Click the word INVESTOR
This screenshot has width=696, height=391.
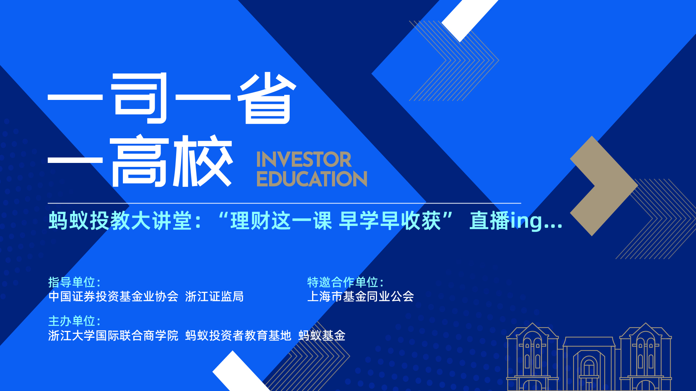click(304, 160)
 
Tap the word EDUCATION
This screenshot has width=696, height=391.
click(312, 179)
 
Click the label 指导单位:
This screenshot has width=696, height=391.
click(74, 282)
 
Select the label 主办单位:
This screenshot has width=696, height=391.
click(74, 321)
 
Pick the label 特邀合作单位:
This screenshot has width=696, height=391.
click(345, 282)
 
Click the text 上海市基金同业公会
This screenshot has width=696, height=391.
click(360, 297)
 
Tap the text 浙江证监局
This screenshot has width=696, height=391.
click(214, 297)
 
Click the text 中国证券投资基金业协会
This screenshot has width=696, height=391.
click(113, 297)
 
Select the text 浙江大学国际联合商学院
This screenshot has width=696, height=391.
click(113, 336)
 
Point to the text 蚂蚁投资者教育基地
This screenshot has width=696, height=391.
click(238, 336)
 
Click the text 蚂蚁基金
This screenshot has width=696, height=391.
click(322, 336)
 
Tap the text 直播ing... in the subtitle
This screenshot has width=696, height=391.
click(516, 220)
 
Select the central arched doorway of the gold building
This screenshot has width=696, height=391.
click(589, 373)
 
